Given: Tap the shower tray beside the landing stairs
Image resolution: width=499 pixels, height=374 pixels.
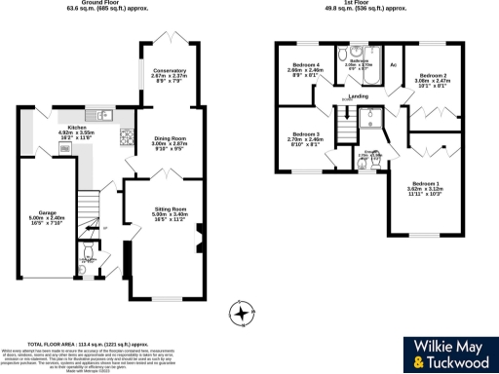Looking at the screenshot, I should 370,118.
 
